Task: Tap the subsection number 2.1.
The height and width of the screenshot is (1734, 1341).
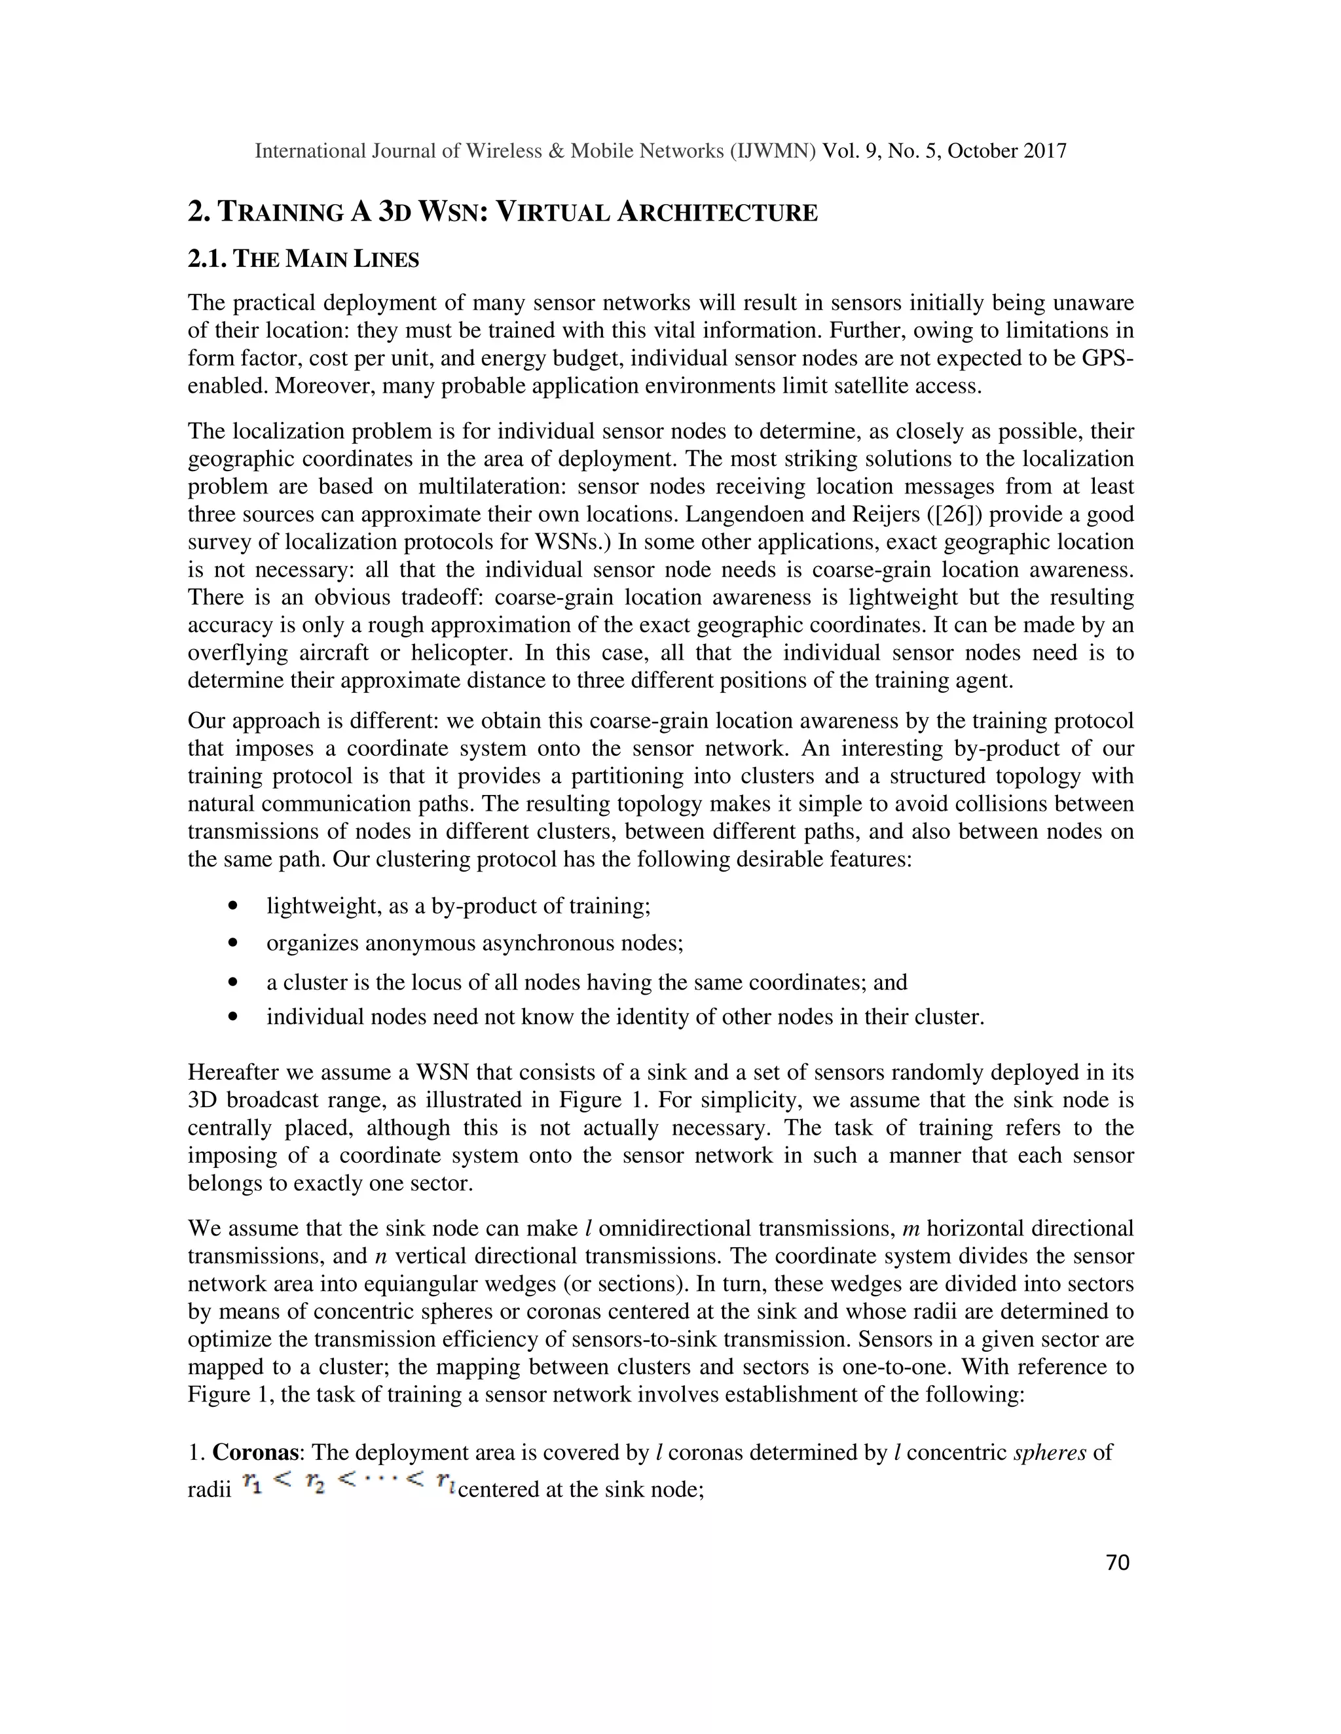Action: pos(208,260)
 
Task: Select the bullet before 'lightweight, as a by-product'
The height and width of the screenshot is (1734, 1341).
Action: pos(232,906)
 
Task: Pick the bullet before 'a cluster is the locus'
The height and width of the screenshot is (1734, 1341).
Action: pos(232,983)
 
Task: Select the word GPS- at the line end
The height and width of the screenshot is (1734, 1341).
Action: pos(1107,358)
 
